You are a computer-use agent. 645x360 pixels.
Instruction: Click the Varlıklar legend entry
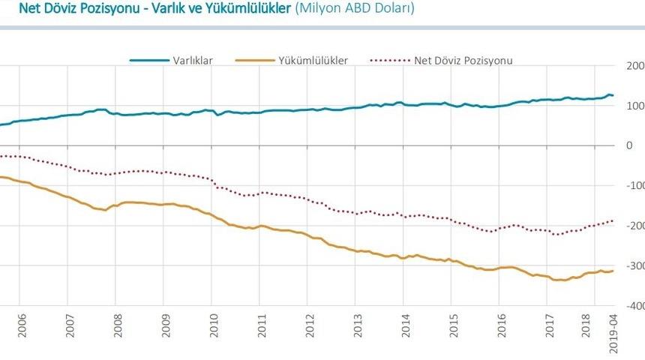click(x=192, y=61)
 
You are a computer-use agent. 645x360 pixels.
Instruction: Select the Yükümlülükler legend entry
click(x=313, y=61)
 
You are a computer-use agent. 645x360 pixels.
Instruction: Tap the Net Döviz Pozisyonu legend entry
click(x=463, y=61)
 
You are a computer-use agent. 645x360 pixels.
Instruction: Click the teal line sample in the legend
click(x=148, y=61)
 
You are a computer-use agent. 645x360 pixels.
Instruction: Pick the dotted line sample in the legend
click(x=389, y=61)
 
